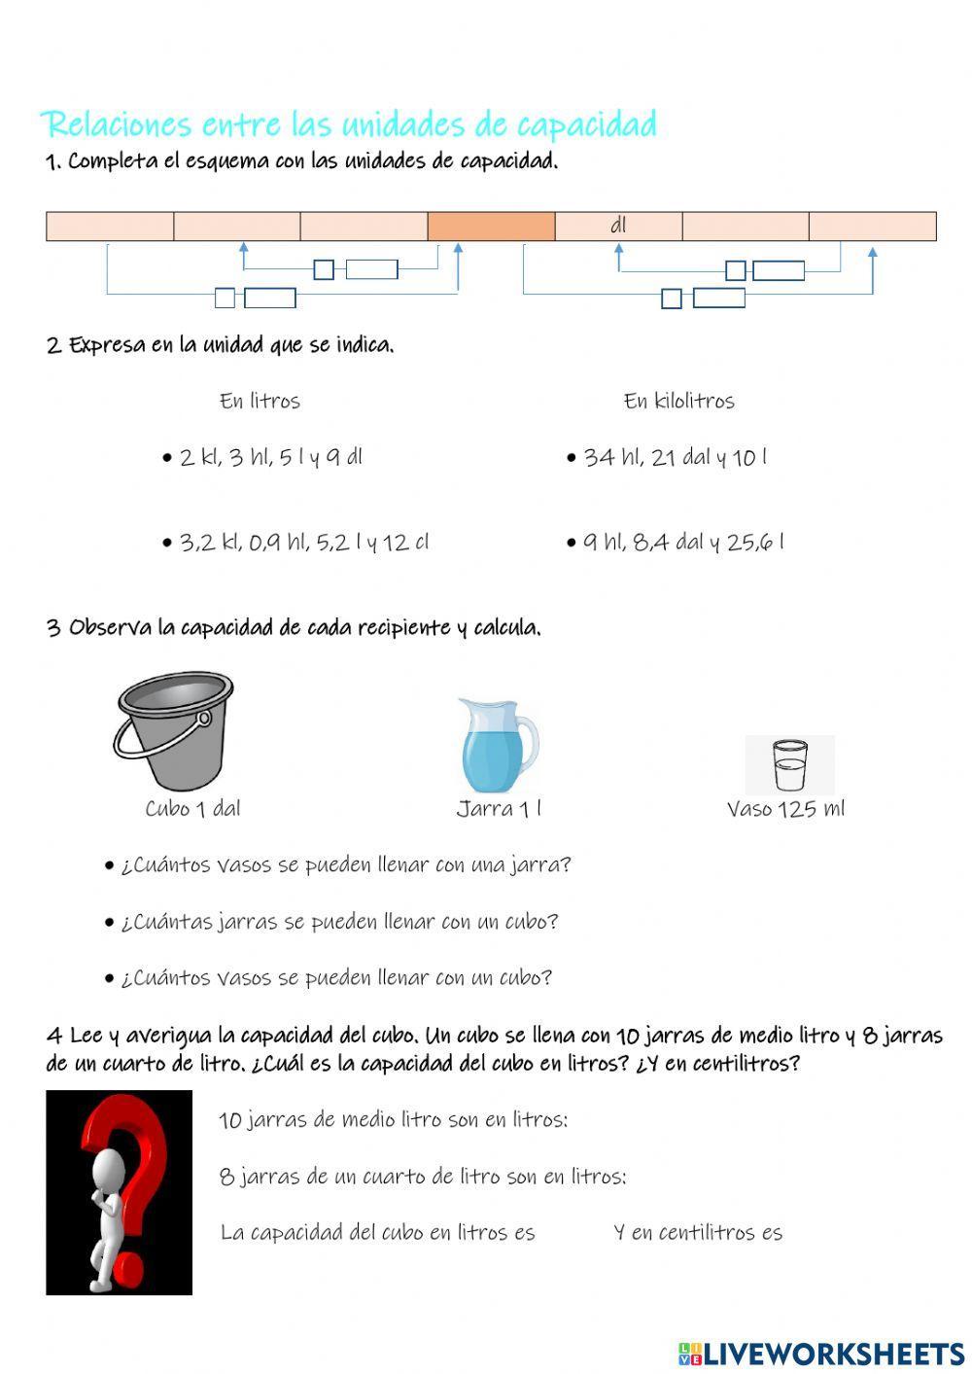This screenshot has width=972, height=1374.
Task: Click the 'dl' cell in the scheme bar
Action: (618, 226)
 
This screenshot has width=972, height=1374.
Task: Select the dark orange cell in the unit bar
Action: (491, 226)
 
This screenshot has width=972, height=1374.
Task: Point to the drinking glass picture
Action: (789, 765)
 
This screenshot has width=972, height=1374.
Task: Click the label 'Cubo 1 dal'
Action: (192, 808)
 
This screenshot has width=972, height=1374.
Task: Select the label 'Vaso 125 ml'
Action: (785, 808)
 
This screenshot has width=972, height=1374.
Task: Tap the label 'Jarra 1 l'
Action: (499, 808)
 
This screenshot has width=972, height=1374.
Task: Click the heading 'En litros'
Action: (260, 401)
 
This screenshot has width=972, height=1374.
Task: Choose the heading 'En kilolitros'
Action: (678, 401)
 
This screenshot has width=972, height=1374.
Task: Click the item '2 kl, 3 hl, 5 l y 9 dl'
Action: (270, 457)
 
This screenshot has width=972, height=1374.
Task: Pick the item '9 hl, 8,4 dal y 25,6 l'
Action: (683, 542)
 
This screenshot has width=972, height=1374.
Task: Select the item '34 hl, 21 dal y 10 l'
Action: (675, 457)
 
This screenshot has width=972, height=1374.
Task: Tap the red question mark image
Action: (119, 1192)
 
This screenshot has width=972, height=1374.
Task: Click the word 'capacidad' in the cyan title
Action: (586, 124)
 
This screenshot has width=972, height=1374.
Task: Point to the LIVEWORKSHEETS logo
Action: (821, 1353)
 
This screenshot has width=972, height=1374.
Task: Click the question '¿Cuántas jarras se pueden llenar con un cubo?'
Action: (339, 921)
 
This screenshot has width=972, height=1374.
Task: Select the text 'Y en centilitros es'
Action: (698, 1232)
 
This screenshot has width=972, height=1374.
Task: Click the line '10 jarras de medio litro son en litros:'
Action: (394, 1119)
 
